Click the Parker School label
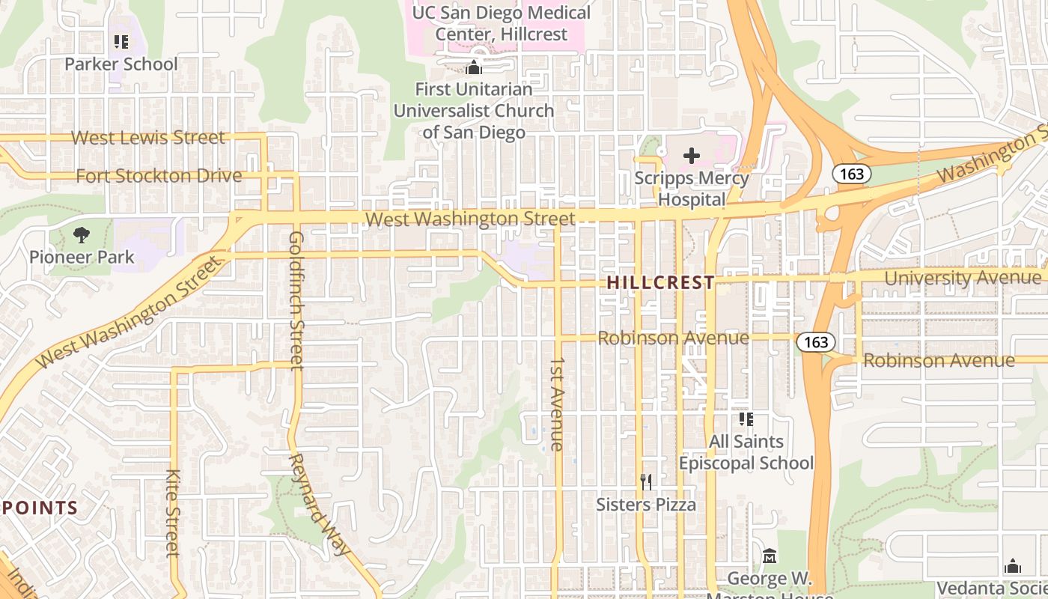[x=121, y=64]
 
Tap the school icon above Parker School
[x=121, y=42]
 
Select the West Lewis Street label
[x=147, y=138]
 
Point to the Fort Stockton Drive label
[x=159, y=176]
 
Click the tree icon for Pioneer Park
[x=82, y=235]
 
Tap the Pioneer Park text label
[x=82, y=257]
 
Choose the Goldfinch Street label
[x=296, y=299]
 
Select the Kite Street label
[x=173, y=513]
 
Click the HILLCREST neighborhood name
[x=660, y=282]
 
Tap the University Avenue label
[x=962, y=278]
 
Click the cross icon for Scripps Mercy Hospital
[x=692, y=156]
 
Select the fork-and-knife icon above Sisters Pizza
[x=646, y=482]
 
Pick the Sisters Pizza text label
[x=646, y=505]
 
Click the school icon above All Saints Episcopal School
[x=746, y=419]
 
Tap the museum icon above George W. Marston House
[x=770, y=556]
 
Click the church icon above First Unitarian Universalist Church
[x=473, y=68]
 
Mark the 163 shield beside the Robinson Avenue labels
[x=815, y=342]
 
